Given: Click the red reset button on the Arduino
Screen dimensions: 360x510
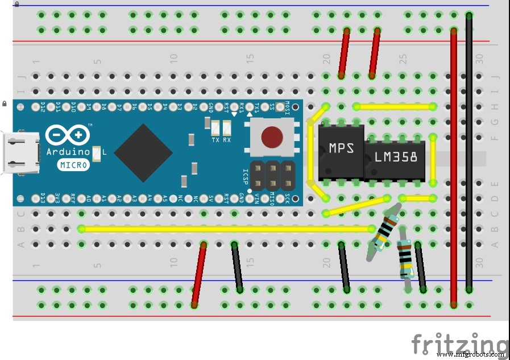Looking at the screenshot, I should [x=272, y=136].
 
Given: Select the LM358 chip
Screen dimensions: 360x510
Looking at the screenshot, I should [x=396, y=156].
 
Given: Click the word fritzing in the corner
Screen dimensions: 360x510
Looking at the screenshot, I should [x=459, y=344].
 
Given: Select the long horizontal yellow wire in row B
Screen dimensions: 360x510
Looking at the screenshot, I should [x=227, y=229].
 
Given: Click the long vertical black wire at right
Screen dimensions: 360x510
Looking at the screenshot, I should [x=468, y=152].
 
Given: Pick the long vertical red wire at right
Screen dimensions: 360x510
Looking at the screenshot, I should [x=453, y=165].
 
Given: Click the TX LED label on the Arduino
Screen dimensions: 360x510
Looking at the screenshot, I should [x=215, y=140].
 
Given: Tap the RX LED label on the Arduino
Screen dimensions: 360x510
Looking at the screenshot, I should [x=226, y=140].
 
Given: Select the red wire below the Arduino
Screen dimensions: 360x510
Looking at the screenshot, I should [x=199, y=275].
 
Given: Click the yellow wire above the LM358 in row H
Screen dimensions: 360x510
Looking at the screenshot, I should [x=394, y=106].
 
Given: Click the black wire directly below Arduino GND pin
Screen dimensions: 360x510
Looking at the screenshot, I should [x=237, y=266].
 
